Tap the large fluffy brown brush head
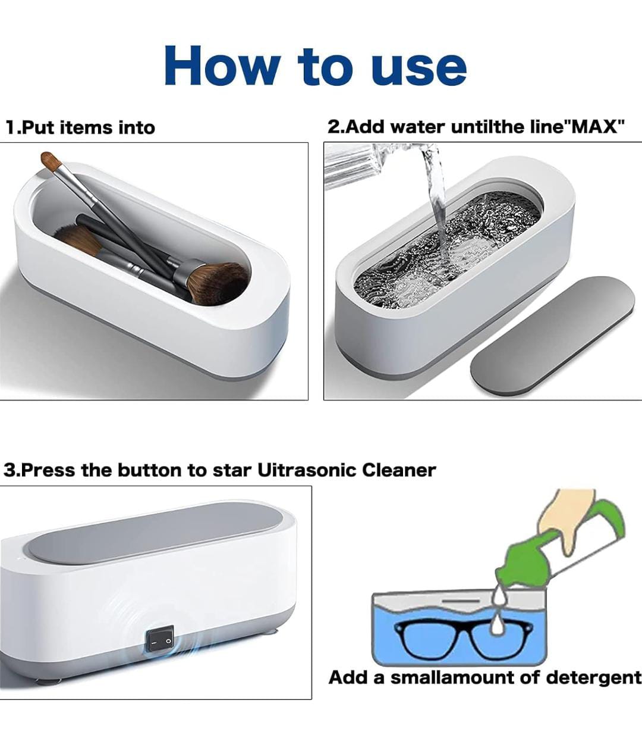pos(218,283)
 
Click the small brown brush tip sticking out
pos(51,161)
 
